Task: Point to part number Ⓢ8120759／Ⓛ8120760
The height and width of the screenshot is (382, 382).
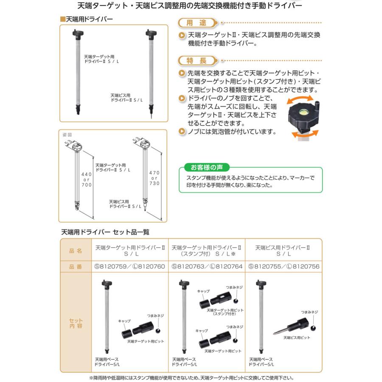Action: coord(129,267)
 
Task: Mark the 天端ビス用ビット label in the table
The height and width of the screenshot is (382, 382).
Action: coord(297,338)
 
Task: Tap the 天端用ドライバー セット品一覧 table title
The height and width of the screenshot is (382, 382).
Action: coord(105,233)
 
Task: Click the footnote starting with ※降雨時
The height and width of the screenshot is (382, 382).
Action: coord(191,377)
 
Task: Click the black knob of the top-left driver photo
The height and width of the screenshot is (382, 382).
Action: coord(79,33)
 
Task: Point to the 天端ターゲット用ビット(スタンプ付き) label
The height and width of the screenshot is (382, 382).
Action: coord(225,312)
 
